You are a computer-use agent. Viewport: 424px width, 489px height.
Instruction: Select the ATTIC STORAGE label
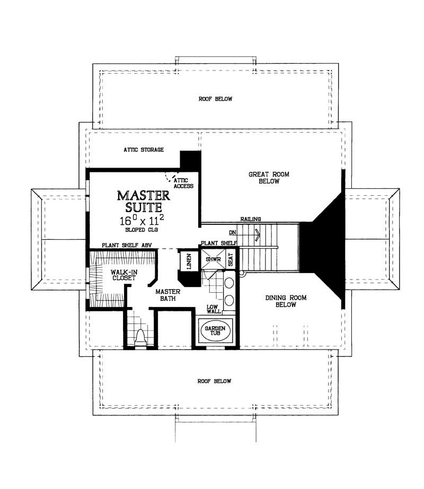tap(143, 150)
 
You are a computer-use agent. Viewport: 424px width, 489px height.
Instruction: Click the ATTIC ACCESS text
tap(183, 184)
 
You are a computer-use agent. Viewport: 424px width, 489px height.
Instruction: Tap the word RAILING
tap(250, 218)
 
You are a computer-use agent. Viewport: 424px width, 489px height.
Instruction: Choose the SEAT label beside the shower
tap(230, 259)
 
